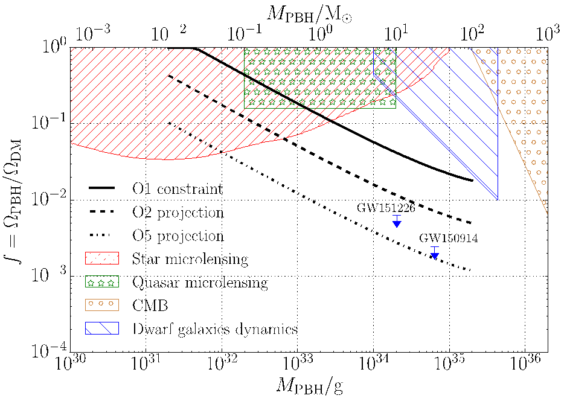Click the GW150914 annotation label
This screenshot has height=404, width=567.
pyautogui.click(x=449, y=239)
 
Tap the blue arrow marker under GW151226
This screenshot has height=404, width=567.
pyautogui.click(x=397, y=222)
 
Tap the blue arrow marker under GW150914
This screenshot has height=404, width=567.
pyautogui.click(x=434, y=255)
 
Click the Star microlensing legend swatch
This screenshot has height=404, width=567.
pyautogui.click(x=103, y=259)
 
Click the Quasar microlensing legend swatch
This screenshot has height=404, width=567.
pyautogui.click(x=103, y=282)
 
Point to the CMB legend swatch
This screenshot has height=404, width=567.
pyautogui.click(x=103, y=305)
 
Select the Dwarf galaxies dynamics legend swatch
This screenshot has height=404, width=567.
pyautogui.click(x=103, y=329)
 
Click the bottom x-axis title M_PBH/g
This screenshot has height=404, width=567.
pyautogui.click(x=309, y=386)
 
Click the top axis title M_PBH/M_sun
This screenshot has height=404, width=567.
pyautogui.click(x=309, y=11)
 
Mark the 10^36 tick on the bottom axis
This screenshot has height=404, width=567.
pyautogui.click(x=524, y=365)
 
